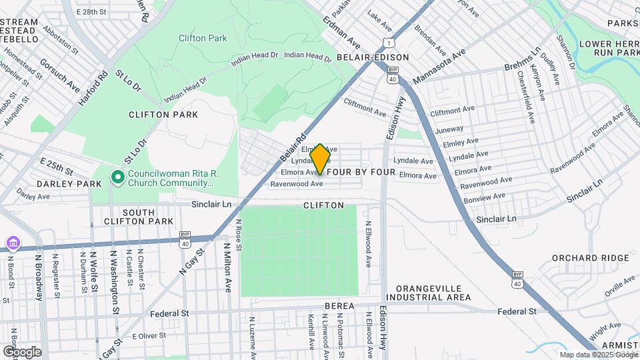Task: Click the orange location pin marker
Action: pos(320,159)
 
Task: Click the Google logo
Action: pos(22,352)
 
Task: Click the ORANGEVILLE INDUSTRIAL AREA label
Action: pos(433,293)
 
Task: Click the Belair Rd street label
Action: pos(293,149)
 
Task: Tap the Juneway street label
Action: pos(448,129)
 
